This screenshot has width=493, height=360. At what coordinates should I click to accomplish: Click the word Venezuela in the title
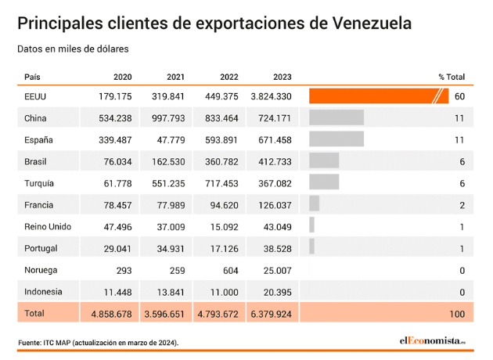361,23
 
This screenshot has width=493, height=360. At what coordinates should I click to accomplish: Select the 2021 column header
175,77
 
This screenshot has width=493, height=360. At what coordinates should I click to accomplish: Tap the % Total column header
452,77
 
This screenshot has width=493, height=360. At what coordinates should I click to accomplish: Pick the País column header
33,77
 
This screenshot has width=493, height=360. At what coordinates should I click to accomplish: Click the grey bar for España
336,139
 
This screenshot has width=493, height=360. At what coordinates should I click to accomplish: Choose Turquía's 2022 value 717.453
219,183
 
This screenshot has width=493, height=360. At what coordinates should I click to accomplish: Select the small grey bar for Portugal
311,248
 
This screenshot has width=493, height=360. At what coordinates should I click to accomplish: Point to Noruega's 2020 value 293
124,270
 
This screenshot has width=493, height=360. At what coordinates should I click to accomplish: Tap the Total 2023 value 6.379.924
271,314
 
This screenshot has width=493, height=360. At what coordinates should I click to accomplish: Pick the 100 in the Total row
457,314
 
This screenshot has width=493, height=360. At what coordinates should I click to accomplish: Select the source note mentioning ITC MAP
99,343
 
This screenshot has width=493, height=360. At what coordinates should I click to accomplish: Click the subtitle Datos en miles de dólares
73,49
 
